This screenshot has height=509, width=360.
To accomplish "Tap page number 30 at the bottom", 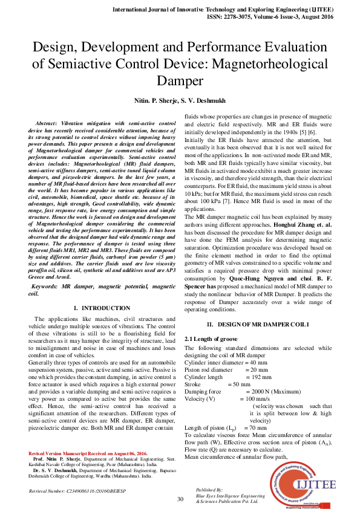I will coord(180,499).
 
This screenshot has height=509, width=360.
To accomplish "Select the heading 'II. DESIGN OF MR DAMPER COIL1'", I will coord(263,325).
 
